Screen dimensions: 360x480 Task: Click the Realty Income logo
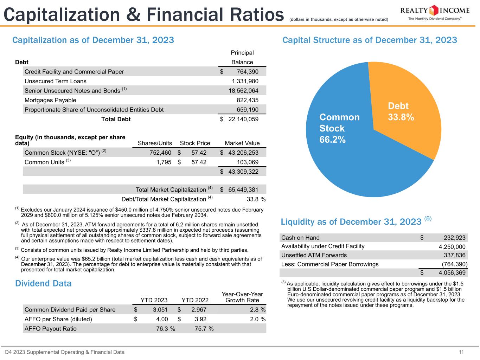(434, 13)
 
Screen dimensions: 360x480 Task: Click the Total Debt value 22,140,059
(243, 119)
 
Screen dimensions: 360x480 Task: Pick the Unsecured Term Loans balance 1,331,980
(245, 81)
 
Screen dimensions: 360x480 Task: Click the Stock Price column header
(195, 143)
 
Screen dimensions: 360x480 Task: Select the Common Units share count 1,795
(164, 162)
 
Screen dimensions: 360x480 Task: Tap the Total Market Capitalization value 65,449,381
(243, 189)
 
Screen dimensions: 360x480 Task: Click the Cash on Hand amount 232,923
(452, 238)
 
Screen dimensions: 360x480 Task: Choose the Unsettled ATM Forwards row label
(314, 255)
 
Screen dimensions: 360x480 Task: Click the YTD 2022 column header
(195, 300)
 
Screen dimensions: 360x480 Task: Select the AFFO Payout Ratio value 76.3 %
(165, 329)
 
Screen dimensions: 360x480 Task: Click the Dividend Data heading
(43, 283)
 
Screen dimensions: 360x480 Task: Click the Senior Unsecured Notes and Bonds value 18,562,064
(243, 91)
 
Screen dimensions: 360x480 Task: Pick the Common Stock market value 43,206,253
(243, 153)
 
